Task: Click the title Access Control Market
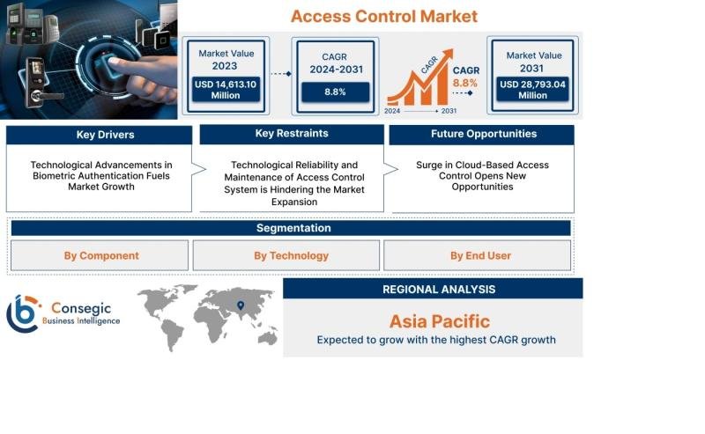[383, 17]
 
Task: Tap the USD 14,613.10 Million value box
[226, 90]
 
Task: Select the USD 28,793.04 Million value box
[532, 90]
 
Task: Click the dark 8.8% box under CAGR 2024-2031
[336, 92]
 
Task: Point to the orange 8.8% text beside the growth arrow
[465, 83]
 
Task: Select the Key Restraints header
[292, 134]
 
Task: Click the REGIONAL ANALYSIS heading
[439, 290]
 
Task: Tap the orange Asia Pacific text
[439, 321]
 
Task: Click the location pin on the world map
[241, 305]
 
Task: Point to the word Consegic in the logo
[81, 308]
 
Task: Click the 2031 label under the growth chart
[449, 111]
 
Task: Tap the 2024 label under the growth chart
[392, 111]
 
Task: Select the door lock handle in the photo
[47, 96]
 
